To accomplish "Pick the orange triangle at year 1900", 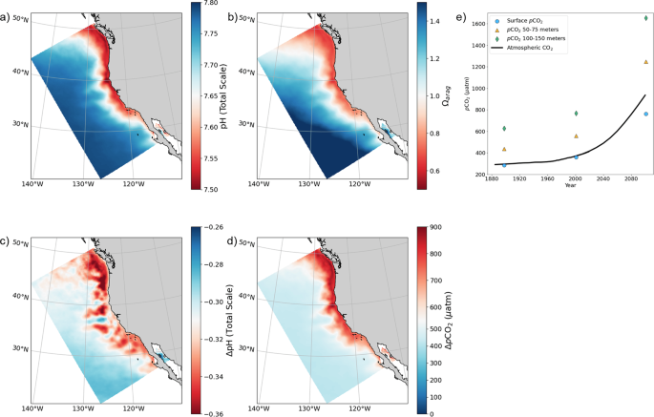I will coord(505,149).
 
